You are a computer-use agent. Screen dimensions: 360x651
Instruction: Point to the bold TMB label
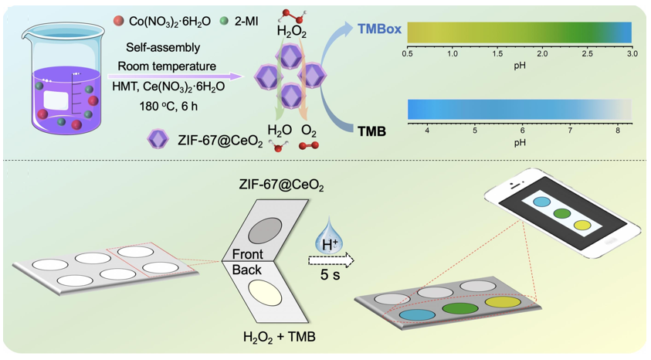[372, 131]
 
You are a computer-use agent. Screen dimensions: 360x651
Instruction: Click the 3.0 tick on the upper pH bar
[631, 54]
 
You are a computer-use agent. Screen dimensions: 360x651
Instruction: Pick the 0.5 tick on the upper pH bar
[408, 54]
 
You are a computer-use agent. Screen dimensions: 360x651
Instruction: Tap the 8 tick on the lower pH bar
[618, 131]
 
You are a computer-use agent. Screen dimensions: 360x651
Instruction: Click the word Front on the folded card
[248, 255]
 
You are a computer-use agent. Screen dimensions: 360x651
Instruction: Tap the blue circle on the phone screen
[542, 202]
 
